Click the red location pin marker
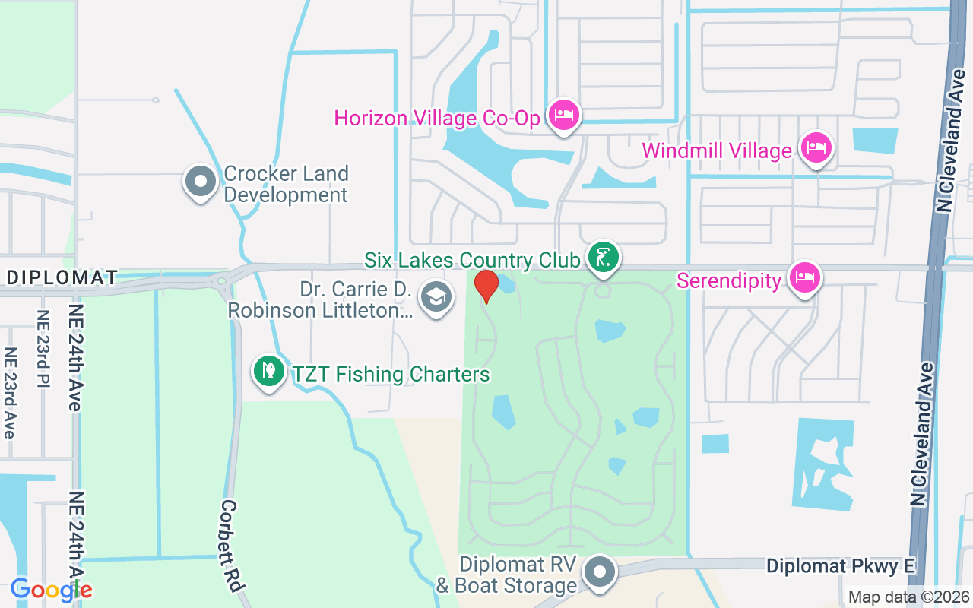click(x=486, y=286)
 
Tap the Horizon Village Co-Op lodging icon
click(x=563, y=116)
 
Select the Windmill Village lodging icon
click(x=816, y=147)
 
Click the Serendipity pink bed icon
click(x=804, y=277)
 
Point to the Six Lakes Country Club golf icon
click(x=603, y=258)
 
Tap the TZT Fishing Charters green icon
click(x=269, y=372)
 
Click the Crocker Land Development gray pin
click(x=201, y=182)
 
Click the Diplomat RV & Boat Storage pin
click(x=601, y=572)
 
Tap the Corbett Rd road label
click(x=231, y=546)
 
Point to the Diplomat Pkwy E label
click(x=840, y=566)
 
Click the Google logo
click(x=51, y=589)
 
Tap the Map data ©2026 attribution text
click(x=908, y=597)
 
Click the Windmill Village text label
click(x=717, y=150)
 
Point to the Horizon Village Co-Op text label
click(x=437, y=119)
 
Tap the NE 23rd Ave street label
click(x=10, y=392)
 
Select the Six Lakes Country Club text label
click(x=472, y=260)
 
